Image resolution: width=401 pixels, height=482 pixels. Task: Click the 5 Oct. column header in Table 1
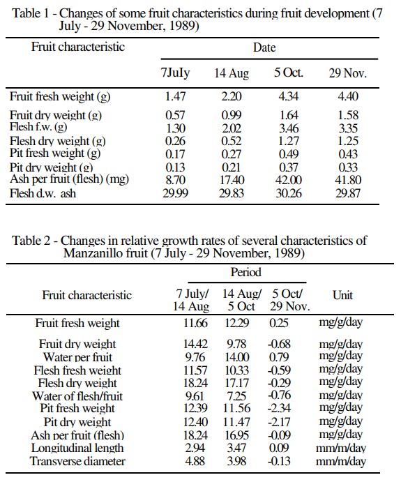click(x=289, y=73)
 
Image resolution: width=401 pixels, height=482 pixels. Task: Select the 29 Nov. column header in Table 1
click(x=348, y=73)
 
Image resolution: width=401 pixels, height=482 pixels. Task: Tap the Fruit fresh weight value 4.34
click(x=288, y=96)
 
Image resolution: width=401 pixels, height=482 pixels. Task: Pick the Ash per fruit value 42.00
click(x=289, y=180)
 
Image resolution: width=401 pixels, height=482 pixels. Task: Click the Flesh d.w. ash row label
click(x=43, y=193)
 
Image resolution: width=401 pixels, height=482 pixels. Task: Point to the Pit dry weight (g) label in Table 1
click(x=52, y=167)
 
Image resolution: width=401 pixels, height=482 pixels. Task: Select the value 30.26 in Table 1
click(x=289, y=193)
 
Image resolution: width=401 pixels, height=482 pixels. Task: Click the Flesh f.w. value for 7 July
click(x=175, y=128)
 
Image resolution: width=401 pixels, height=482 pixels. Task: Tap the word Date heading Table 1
click(x=264, y=47)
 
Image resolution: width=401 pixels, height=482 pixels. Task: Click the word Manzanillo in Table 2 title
click(x=106, y=253)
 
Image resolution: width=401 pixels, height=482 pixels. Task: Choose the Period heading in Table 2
click(x=245, y=272)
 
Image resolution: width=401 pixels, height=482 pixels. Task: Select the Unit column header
click(x=342, y=295)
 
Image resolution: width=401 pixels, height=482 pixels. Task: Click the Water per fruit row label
click(x=77, y=357)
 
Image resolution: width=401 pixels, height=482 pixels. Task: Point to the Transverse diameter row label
click(x=77, y=461)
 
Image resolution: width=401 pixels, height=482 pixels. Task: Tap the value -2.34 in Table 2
click(x=279, y=408)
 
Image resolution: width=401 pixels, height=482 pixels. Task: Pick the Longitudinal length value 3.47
click(x=236, y=448)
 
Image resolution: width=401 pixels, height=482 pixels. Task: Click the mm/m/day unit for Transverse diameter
click(x=341, y=461)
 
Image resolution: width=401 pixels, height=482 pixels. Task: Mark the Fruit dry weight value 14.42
click(x=195, y=344)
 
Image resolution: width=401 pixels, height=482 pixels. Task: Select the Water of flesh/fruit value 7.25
click(x=236, y=396)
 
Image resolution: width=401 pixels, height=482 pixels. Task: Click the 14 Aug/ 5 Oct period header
click(x=241, y=300)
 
